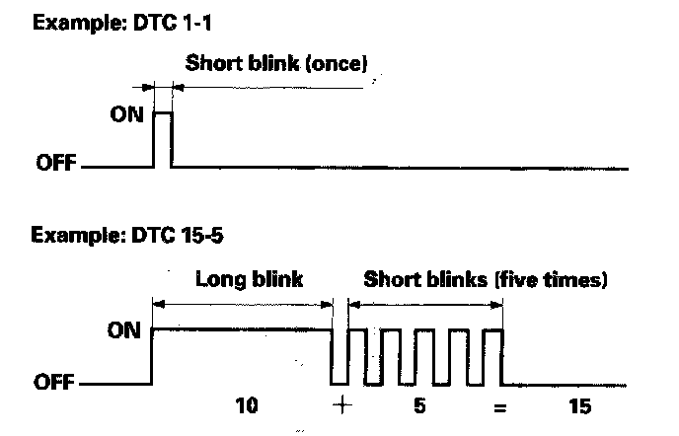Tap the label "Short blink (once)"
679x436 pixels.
(x=276, y=66)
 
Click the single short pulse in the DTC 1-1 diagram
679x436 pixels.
(x=162, y=138)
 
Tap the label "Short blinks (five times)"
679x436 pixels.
(x=485, y=279)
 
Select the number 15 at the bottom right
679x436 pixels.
(x=583, y=405)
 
